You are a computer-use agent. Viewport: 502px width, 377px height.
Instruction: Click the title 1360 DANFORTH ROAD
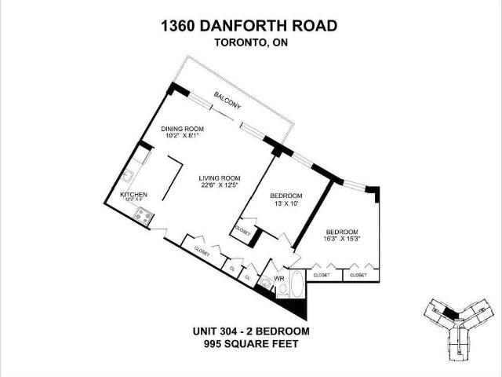pos(249,26)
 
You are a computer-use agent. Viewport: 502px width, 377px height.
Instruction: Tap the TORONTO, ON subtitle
pos(250,43)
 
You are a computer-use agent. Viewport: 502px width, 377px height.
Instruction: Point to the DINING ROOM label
pos(183,129)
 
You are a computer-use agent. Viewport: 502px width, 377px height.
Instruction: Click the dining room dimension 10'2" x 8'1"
pos(183,136)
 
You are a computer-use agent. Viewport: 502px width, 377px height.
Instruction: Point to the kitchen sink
pos(129,174)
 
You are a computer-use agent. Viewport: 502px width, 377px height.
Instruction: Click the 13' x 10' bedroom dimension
pos(285,203)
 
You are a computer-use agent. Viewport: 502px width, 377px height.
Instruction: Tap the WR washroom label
pos(278,278)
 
